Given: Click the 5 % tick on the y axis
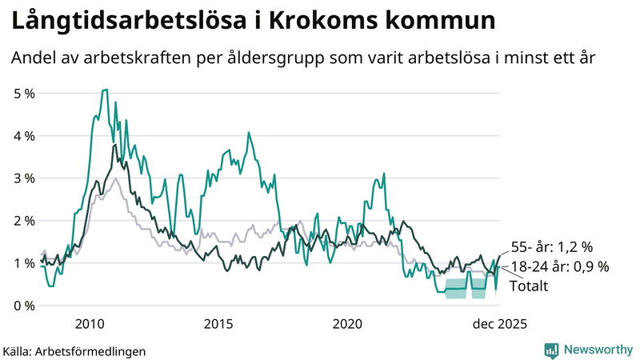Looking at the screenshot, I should (x=24, y=94).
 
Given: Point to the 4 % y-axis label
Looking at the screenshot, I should (x=24, y=136).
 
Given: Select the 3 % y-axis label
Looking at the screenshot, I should (x=24, y=178).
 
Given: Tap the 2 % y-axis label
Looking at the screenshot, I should (x=24, y=221).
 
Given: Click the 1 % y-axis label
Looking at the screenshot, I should (x=24, y=263).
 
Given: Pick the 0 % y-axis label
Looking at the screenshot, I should (x=24, y=306).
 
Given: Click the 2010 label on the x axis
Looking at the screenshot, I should (x=89, y=323).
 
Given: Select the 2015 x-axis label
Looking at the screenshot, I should (x=218, y=323).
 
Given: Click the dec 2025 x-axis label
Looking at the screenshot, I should (x=497, y=323).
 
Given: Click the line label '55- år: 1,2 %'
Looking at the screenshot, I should (x=551, y=247).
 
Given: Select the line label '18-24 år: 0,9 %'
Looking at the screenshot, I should (x=559, y=267).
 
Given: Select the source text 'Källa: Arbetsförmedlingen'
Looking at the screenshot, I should (x=74, y=350).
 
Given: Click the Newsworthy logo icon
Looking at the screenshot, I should (x=551, y=350).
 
